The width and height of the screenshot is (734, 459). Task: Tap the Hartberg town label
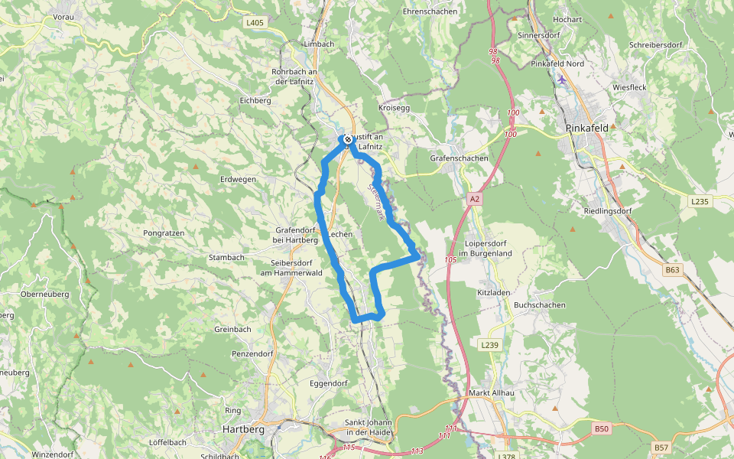pyautogui.click(x=243, y=429)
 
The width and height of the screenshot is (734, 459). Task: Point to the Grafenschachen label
pyautogui.click(x=459, y=158)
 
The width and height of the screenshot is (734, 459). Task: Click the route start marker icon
pyautogui.click(x=347, y=139)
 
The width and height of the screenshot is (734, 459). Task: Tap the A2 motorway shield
pyautogui.click(x=475, y=199)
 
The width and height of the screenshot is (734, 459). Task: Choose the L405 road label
pyautogui.click(x=255, y=23)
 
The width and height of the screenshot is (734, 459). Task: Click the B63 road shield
pyautogui.click(x=672, y=270)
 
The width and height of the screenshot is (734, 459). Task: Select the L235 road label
pyautogui.click(x=699, y=201)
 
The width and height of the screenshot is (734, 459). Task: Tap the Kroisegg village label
pyautogui.click(x=395, y=108)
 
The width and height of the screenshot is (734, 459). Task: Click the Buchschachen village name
pyautogui.click(x=540, y=305)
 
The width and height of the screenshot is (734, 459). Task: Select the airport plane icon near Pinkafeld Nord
pyautogui.click(x=563, y=79)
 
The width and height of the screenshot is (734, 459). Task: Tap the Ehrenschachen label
pyautogui.click(x=430, y=11)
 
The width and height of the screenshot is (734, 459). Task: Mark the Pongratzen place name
pyautogui.click(x=165, y=232)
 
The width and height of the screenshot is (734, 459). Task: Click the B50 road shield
pyautogui.click(x=602, y=429)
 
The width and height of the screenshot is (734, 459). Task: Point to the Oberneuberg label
pyautogui.click(x=46, y=294)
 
